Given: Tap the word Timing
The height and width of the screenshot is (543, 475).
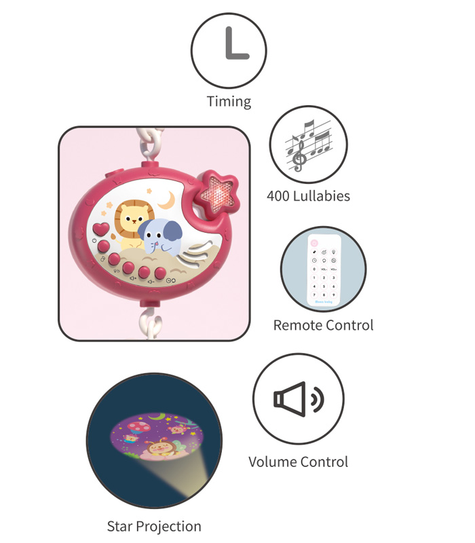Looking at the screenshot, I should coord(229,102).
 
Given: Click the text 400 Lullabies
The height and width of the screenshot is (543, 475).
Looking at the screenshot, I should coord(308,196).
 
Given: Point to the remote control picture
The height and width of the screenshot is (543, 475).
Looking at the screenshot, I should coord(323,269).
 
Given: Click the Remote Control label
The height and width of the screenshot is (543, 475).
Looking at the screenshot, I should coord(323,325).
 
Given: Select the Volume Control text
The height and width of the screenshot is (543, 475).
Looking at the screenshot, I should coord(298,462).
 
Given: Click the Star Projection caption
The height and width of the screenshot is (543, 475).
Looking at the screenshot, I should coord(154,526).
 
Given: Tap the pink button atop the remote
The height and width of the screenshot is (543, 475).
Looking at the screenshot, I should coord(314,242).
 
